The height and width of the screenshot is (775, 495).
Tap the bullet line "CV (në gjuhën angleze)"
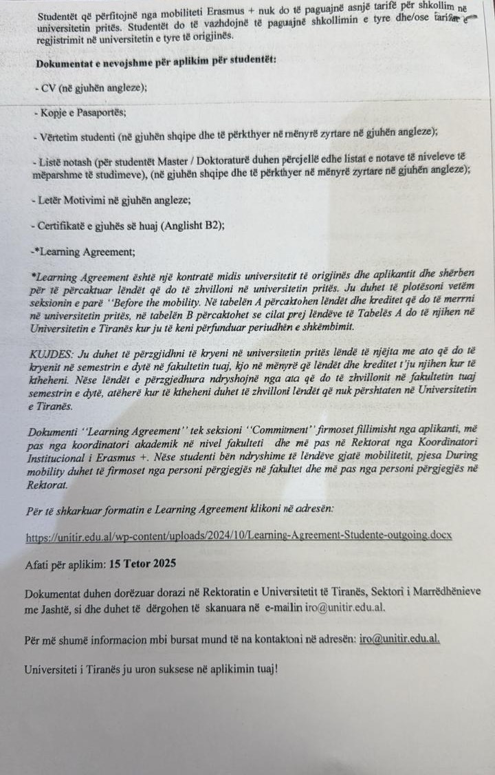(x=91, y=87)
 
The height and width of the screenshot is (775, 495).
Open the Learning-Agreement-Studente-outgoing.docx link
(x=239, y=536)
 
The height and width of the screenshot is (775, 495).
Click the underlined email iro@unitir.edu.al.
(x=399, y=638)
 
